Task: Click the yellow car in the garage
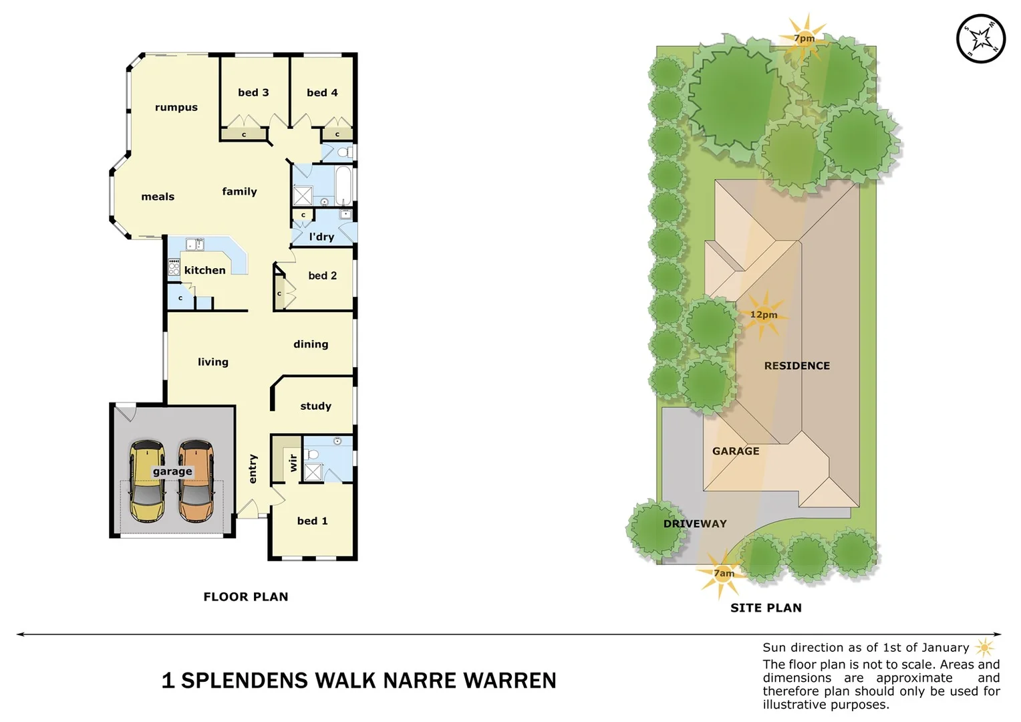point(146,481)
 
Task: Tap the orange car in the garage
point(196,481)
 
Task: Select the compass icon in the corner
point(980,39)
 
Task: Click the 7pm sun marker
point(804,38)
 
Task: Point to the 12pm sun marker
point(763,315)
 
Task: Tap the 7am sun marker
point(723,573)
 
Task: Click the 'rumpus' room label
point(176,107)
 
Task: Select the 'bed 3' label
point(253,92)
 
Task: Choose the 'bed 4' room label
point(322,92)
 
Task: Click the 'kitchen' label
point(204,270)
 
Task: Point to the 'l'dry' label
point(321,237)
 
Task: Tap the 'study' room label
point(315,406)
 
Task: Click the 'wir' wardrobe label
point(293,463)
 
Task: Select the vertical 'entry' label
point(253,469)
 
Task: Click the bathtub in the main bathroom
point(343,186)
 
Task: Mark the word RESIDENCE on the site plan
point(796,366)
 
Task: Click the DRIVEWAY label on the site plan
point(695,523)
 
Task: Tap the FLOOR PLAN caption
point(246,596)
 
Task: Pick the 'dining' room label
point(311,344)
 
